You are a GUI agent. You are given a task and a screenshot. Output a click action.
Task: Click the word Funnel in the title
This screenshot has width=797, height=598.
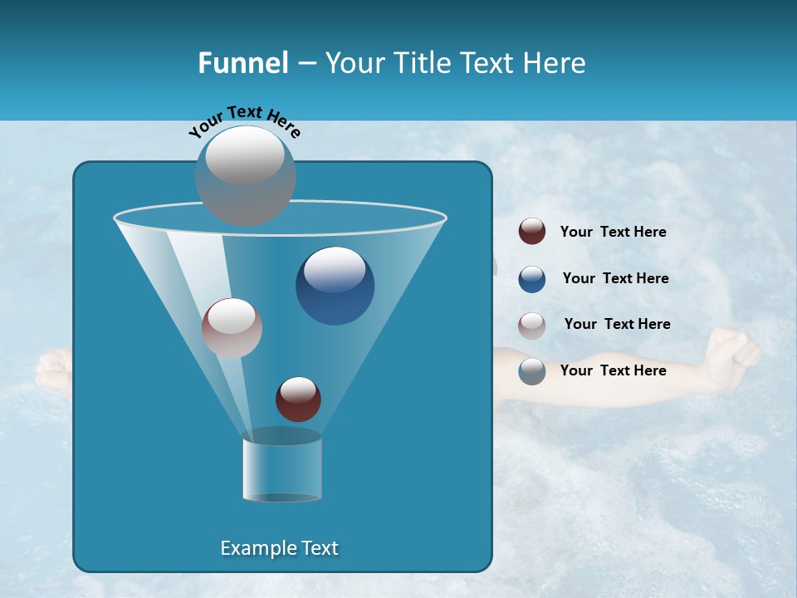pyautogui.click(x=242, y=63)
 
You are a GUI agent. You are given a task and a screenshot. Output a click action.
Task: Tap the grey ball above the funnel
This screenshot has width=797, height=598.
pyautogui.click(x=246, y=175)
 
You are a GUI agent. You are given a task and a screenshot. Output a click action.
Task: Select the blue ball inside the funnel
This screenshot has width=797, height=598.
pyautogui.click(x=335, y=286)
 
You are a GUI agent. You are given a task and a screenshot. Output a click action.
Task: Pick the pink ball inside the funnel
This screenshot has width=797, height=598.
pyautogui.click(x=232, y=328)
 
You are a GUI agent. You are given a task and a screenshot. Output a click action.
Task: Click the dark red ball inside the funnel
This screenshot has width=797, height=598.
pyautogui.click(x=298, y=399)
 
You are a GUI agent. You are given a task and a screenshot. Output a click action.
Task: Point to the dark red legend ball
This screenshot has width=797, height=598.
pyautogui.click(x=532, y=232)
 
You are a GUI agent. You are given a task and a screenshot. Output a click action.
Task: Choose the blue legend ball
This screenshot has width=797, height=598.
pyautogui.click(x=532, y=279)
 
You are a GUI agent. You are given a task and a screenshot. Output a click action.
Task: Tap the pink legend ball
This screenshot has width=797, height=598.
pyautogui.click(x=532, y=325)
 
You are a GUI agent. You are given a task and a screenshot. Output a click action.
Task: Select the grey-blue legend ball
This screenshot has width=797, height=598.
pyautogui.click(x=532, y=371)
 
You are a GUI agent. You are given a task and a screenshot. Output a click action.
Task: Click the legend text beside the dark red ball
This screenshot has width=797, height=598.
pyautogui.click(x=613, y=233)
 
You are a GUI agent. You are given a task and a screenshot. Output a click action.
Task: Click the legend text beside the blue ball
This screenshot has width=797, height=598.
pyautogui.click(x=615, y=279)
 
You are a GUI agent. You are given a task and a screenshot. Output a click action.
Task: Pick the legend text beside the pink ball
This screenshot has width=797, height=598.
pyautogui.click(x=617, y=325)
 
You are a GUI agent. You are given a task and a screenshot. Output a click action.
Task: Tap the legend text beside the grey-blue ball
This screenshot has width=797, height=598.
pyautogui.click(x=613, y=371)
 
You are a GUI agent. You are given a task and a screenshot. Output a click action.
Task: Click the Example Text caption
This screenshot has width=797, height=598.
pyautogui.click(x=280, y=548)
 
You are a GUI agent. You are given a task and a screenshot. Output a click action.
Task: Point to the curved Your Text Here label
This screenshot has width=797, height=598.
pyautogui.click(x=244, y=121)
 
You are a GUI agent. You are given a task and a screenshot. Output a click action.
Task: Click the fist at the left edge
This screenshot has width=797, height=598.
pyautogui.click(x=51, y=369)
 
